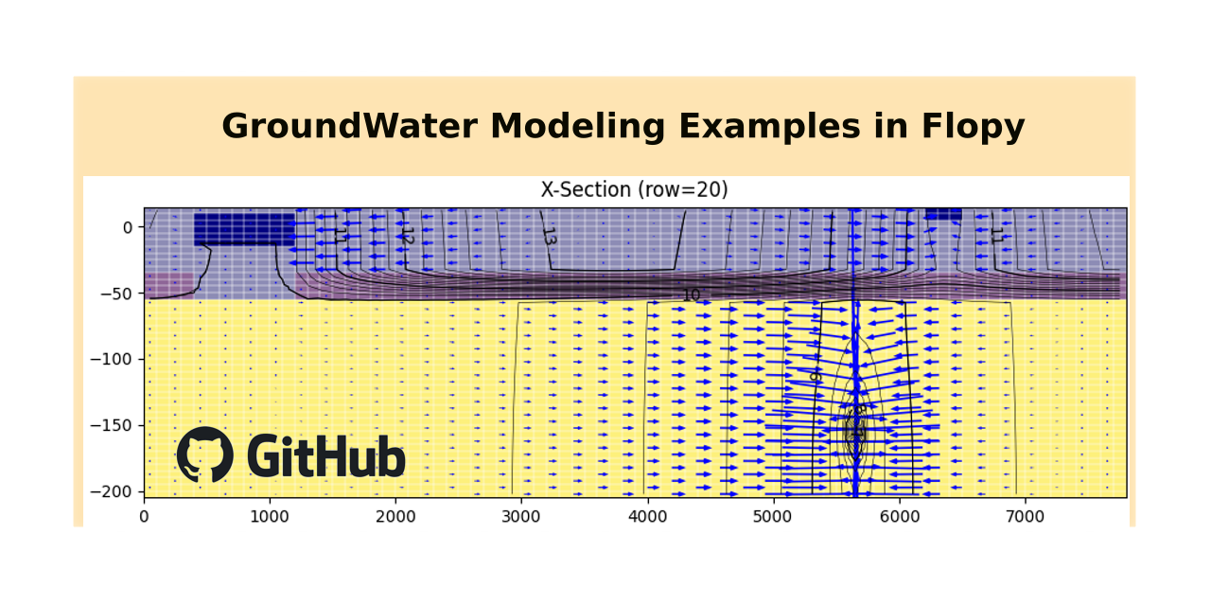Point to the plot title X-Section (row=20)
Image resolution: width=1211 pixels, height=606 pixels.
(634, 189)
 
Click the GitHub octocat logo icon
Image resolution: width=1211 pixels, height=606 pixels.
(204, 454)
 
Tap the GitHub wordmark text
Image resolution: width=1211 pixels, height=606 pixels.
(325, 456)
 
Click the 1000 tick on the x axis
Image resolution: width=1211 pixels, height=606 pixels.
(270, 516)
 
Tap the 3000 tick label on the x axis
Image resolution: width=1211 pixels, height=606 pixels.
(521, 516)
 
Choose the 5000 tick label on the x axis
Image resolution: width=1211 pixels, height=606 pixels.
(773, 516)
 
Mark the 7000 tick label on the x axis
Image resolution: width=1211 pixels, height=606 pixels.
(1025, 516)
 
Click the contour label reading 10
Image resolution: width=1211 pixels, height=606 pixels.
(691, 295)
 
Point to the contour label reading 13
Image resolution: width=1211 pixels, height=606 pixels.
(549, 236)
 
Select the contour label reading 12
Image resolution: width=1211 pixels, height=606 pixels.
(408, 236)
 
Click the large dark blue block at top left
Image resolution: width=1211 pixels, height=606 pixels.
(244, 229)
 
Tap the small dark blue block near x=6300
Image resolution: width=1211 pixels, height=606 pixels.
(942, 214)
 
